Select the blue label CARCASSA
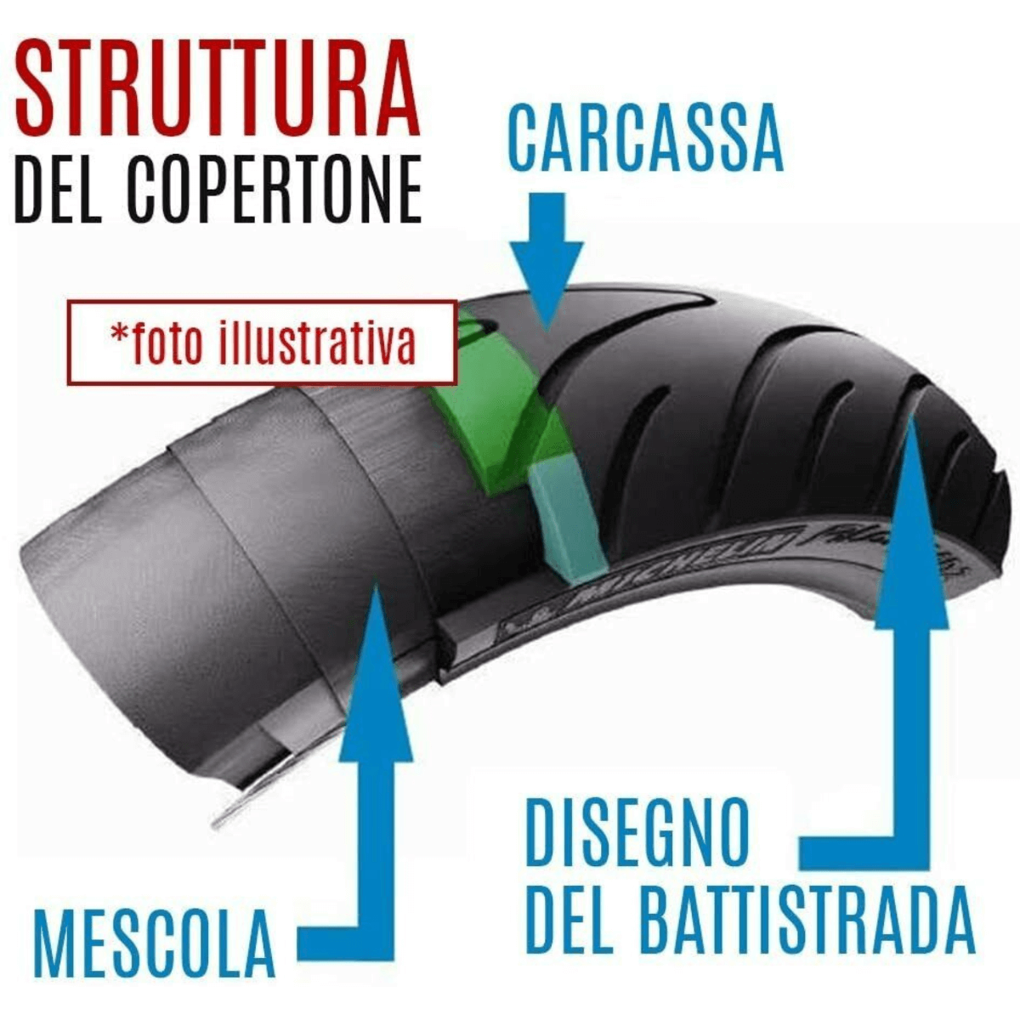644,139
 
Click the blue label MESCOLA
154,943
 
